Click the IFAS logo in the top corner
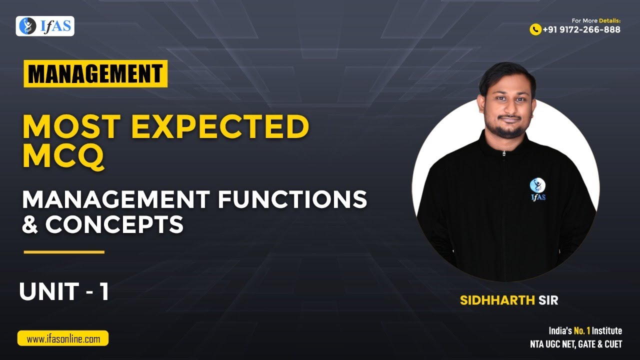pos(45,26)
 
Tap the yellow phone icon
pos(535,29)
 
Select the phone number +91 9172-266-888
pos(581,29)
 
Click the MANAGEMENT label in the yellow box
pos(95,73)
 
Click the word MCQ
pos(63,156)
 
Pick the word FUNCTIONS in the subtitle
pos(292,200)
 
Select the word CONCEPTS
pos(114,224)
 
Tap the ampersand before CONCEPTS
pos(30,224)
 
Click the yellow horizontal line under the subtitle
pos(64,252)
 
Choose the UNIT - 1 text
pos(64,292)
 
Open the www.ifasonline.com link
pos(63,338)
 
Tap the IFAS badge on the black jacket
pos(537,189)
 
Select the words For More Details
pos(596,20)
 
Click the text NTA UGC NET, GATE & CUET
pos(576,344)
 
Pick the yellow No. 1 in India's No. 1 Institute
pos(581,331)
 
